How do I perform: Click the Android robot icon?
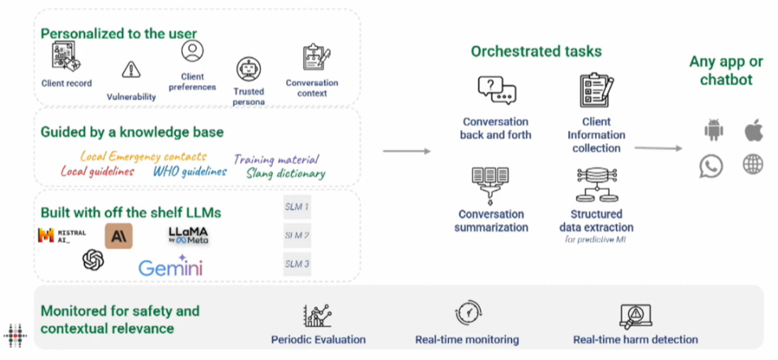coord(712,130)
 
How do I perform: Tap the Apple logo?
coord(753,130)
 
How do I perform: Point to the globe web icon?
coord(753,165)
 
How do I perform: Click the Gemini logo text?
coord(170,267)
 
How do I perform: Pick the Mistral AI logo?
coord(62,236)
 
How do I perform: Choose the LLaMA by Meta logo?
coord(188,235)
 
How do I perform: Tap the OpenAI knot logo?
coord(93,260)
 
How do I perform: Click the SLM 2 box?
coord(297,236)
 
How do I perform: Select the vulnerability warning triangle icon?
coord(130,70)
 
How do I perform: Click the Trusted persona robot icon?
coord(248,69)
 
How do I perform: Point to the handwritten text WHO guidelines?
coord(190,171)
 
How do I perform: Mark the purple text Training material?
coord(276,159)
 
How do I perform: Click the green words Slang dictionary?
coord(285,174)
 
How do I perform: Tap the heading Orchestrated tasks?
coord(536,51)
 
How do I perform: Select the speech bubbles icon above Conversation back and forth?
coord(496,90)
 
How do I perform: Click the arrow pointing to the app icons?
coord(658,148)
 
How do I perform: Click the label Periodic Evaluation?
coord(318,340)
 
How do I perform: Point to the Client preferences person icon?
coord(192,50)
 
